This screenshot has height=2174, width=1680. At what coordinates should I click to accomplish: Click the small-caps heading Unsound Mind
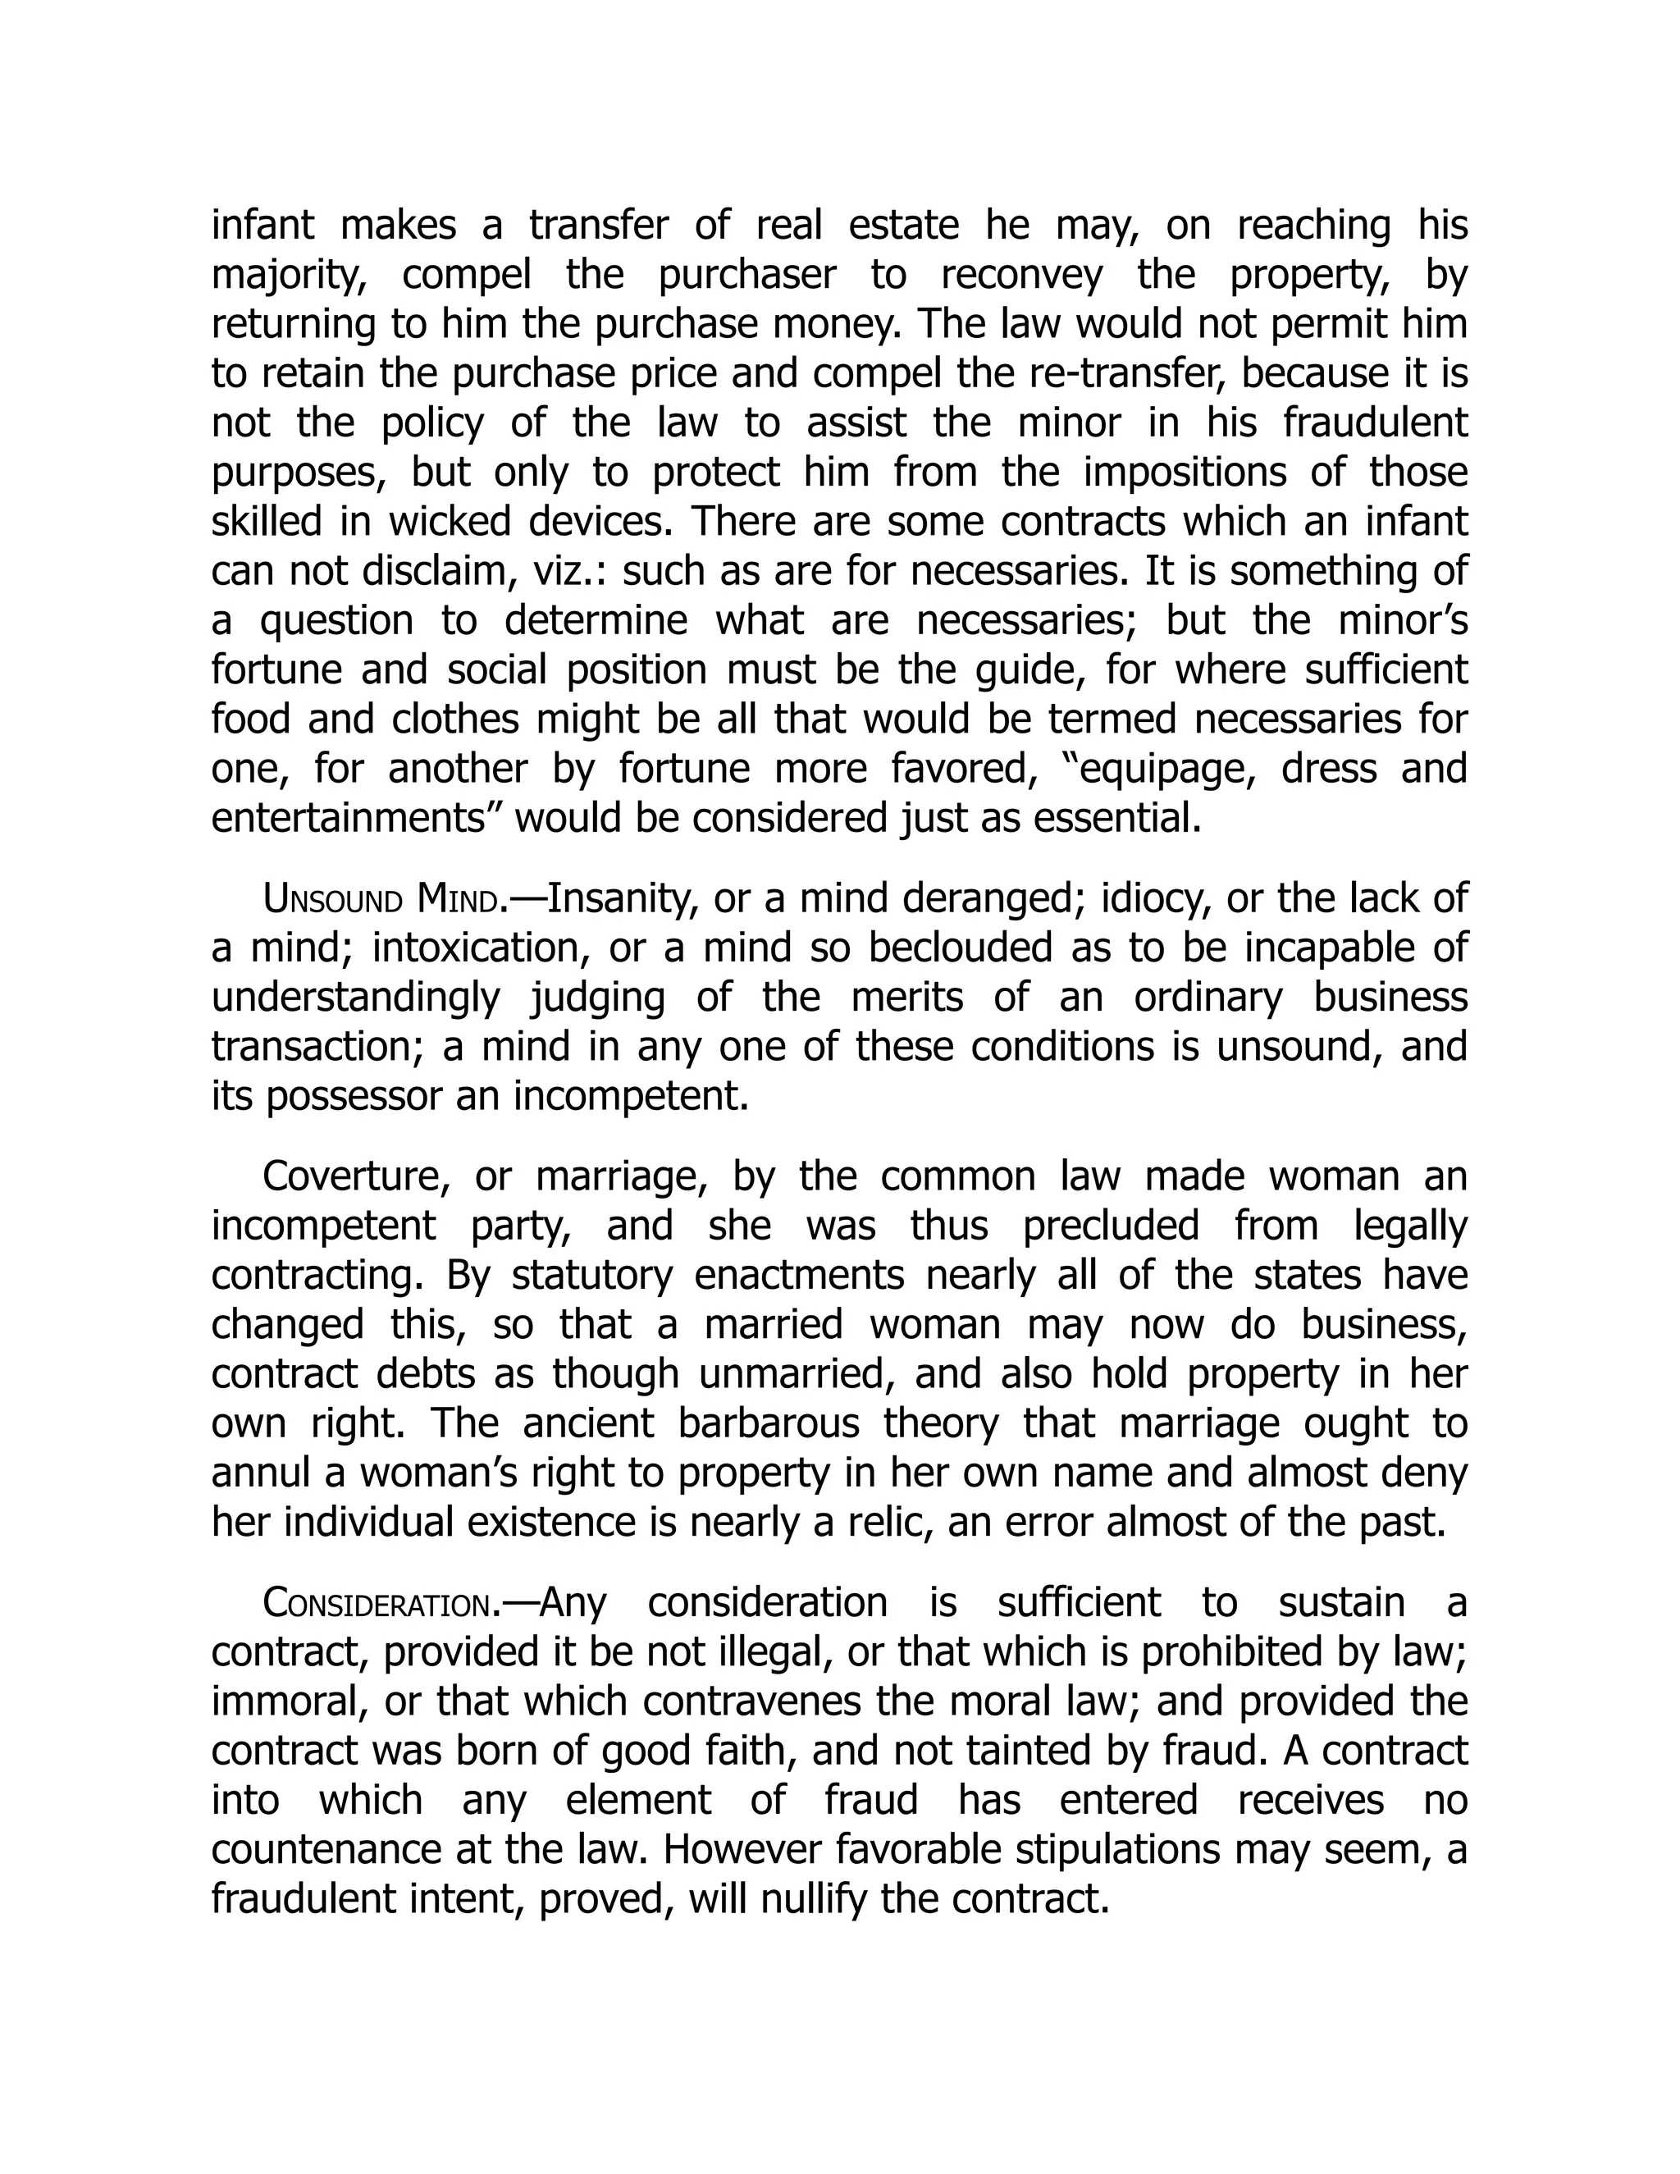point(379,900)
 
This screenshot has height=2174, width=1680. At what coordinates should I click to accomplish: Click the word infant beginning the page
point(262,226)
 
